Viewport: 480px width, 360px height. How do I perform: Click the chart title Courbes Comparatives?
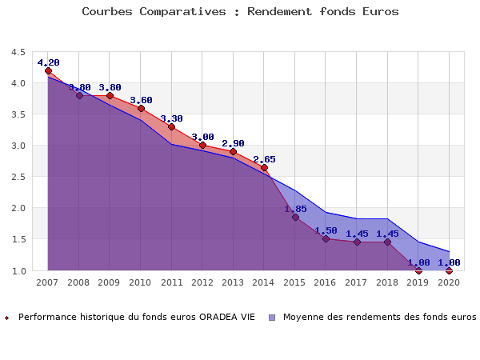coord(240,12)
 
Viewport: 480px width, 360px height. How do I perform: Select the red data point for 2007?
coord(48,70)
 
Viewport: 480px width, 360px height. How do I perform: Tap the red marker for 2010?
coord(141,108)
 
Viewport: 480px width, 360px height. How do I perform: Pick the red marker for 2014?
coord(264,167)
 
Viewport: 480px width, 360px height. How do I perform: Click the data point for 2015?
coord(295,217)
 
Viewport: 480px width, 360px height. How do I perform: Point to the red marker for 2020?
coord(449,270)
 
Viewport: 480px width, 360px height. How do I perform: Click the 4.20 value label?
coord(48,62)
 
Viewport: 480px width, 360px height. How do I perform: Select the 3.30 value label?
coord(171,118)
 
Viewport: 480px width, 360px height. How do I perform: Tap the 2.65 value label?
coord(264,159)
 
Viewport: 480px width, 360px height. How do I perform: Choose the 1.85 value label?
coord(295,209)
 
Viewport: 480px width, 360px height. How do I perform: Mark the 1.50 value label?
coord(326,230)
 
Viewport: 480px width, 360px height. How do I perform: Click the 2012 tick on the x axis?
coord(202,282)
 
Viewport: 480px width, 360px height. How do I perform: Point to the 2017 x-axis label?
coord(357,282)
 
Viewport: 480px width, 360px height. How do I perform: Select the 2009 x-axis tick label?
coord(110,282)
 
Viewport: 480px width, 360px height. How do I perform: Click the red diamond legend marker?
coord(7,318)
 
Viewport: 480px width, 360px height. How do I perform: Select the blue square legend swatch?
coord(273,317)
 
